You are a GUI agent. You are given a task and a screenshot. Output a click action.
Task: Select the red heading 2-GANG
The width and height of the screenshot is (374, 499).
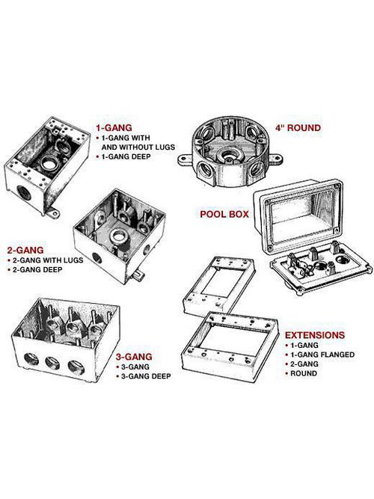tap(25, 250)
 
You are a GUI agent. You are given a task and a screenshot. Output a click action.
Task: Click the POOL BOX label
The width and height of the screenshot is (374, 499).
tap(223, 213)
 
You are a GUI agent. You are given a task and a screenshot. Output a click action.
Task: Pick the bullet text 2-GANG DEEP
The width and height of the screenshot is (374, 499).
tap(39, 269)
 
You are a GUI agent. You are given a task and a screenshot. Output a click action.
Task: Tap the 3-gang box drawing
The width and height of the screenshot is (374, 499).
tap(67, 340)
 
